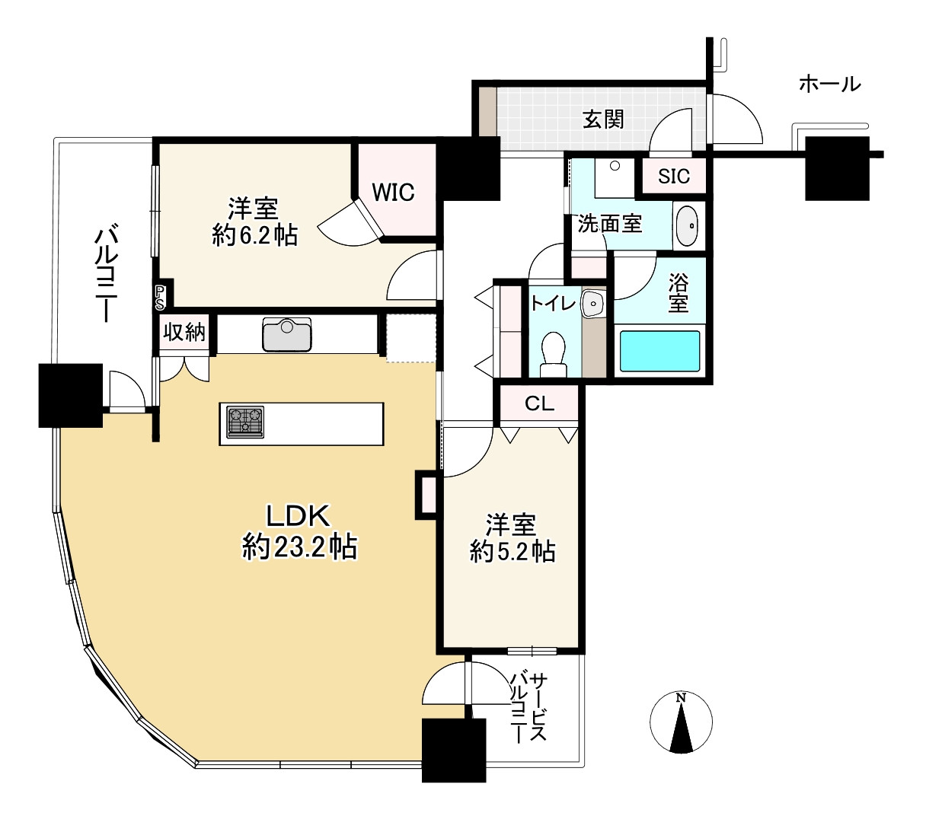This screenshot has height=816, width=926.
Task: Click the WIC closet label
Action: (x=393, y=193)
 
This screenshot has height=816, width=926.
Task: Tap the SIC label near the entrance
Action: (x=674, y=176)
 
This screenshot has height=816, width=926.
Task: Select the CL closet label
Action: (x=539, y=403)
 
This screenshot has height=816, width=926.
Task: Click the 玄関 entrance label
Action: (x=603, y=120)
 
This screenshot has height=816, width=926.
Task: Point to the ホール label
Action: (x=829, y=84)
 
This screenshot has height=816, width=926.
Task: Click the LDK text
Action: (x=298, y=516)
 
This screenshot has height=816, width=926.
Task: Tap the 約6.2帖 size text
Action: (x=254, y=236)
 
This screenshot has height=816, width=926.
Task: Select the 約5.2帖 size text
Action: (x=512, y=551)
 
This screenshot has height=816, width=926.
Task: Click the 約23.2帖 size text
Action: (x=299, y=547)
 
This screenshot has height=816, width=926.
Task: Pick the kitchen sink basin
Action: (x=286, y=334)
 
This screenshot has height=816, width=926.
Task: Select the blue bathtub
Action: (x=659, y=351)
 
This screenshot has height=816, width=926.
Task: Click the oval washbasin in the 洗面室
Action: (x=687, y=226)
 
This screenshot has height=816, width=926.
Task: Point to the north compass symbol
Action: (x=681, y=722)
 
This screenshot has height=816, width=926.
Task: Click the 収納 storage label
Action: (x=184, y=332)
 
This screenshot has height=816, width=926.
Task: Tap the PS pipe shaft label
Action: (x=159, y=297)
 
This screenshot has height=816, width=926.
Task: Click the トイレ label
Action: (x=553, y=303)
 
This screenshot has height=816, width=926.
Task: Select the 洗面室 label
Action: (x=610, y=224)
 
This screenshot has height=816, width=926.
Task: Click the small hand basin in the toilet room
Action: (x=593, y=303)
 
